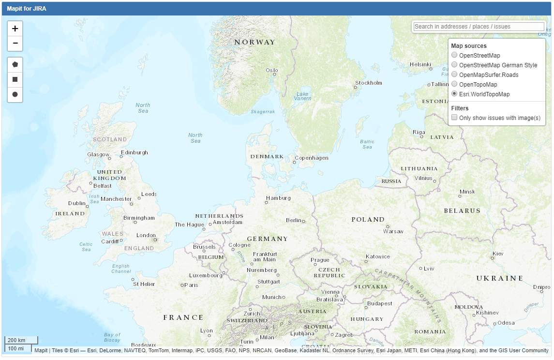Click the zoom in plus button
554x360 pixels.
click(15, 29)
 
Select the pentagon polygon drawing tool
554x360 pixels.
click(15, 64)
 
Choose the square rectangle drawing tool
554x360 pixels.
click(15, 79)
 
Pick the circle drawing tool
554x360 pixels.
click(15, 94)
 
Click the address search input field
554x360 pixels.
click(479, 27)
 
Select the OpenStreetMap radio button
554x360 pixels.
click(454, 55)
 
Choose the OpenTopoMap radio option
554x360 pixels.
click(454, 84)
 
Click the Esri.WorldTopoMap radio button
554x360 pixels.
click(454, 94)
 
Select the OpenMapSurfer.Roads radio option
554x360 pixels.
click(454, 75)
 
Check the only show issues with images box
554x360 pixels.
click(454, 118)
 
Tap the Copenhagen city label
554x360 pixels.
click(312, 158)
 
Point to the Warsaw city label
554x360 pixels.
click(393, 231)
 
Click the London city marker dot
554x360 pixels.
click(155, 240)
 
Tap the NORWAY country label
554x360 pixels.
click(255, 42)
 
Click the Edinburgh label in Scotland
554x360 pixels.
click(135, 152)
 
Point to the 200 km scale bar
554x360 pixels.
click(21, 340)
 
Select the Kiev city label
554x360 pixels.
click(498, 254)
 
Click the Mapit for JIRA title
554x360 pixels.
click(27, 8)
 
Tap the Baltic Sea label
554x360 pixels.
click(367, 144)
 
